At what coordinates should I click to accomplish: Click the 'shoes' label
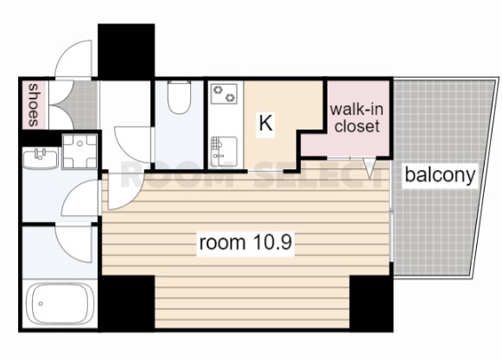34,105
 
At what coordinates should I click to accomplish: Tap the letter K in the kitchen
266,123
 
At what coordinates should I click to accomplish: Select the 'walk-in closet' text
357,117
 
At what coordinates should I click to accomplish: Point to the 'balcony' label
440,175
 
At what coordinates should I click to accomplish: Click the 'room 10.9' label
245,243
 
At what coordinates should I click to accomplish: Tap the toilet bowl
180,97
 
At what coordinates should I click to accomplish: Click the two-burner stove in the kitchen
224,93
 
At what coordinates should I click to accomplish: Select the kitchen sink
224,151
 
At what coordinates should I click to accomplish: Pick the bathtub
60,304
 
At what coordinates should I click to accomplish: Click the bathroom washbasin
41,158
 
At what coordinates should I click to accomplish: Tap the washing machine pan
79,151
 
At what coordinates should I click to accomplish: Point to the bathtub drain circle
41,303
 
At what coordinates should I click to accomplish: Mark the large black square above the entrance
126,51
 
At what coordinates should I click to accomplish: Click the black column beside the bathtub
127,303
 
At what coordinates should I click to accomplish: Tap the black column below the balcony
372,303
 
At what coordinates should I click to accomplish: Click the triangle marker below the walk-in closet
370,168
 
